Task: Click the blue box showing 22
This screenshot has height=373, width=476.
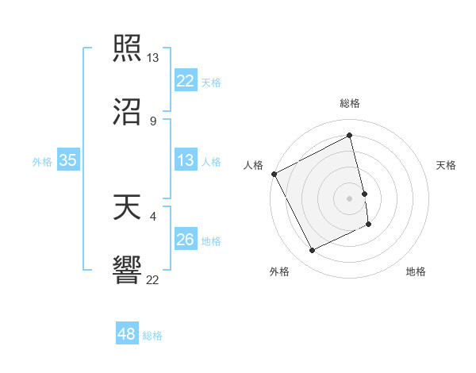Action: [186, 81]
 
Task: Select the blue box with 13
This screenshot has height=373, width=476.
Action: [186, 161]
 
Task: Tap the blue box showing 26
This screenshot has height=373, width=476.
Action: [186, 240]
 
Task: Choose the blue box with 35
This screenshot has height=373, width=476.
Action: [68, 161]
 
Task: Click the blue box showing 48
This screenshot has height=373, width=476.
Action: [127, 334]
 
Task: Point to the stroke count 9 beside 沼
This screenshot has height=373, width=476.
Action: [152, 121]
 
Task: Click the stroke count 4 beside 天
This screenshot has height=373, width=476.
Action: [152, 215]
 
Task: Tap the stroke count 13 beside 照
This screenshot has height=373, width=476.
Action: [153, 58]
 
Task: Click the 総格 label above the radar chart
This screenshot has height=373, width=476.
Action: [350, 103]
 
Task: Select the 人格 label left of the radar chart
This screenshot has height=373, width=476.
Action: [254, 165]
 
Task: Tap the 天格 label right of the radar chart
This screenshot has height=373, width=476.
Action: [446, 165]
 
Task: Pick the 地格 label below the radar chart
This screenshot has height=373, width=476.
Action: [416, 271]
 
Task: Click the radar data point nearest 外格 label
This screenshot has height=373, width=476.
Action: [313, 251]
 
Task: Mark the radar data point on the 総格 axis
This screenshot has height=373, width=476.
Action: [349, 136]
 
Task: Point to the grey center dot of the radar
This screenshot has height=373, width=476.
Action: [349, 198]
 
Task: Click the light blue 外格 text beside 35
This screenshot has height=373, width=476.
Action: [42, 162]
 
